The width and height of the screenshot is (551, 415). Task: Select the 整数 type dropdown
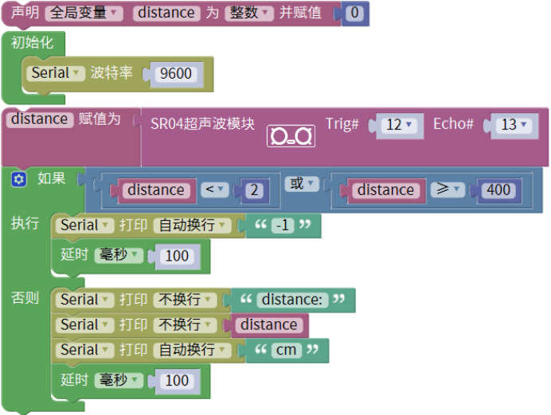[x=249, y=14]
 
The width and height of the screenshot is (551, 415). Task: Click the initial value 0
[x=355, y=14]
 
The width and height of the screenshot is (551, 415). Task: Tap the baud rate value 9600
[x=176, y=74]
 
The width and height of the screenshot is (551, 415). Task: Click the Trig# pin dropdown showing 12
[x=399, y=126]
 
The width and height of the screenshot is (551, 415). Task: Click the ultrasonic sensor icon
[x=291, y=136]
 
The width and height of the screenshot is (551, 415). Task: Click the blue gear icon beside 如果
[x=19, y=180]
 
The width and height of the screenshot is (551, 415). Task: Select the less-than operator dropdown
[x=214, y=190]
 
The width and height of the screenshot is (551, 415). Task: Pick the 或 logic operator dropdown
[x=301, y=184]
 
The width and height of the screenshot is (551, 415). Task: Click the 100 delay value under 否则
[x=177, y=381]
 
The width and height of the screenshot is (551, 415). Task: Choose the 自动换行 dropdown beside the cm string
[x=191, y=350]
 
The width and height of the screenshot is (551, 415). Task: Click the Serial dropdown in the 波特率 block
[x=57, y=73]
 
